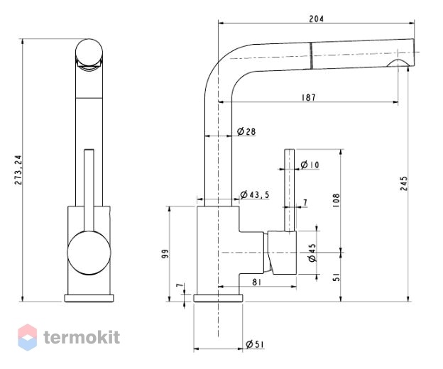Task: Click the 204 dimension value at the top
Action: coord(316,19)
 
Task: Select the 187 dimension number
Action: coord(309,97)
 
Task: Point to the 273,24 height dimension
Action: coord(18,170)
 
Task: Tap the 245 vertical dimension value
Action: coord(404,184)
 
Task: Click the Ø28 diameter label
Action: coord(246,131)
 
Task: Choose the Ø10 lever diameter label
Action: coord(310,165)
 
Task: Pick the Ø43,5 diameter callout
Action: coord(255,194)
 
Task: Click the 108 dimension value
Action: coord(337,201)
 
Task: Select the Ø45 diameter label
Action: coord(312,253)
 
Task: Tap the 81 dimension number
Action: coord(256,282)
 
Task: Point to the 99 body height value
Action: coord(165,253)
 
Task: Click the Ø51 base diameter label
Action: coord(255,344)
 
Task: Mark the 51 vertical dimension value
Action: coord(337,277)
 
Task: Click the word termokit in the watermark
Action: coord(82,337)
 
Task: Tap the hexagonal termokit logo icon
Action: coord(28,337)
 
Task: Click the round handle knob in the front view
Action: coord(89,253)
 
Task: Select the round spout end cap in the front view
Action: coord(89,53)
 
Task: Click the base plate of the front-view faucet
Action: coord(89,298)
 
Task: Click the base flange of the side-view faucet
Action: coord(218,298)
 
